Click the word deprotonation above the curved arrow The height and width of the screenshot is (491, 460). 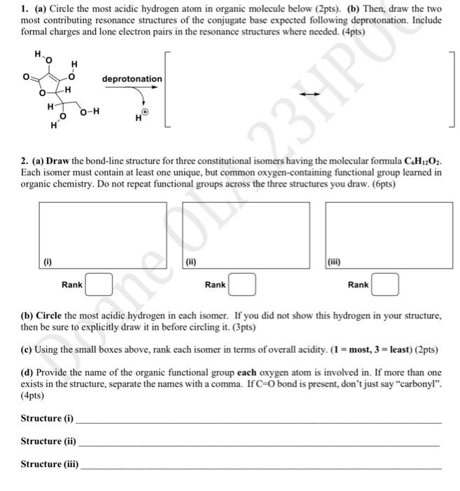(132, 79)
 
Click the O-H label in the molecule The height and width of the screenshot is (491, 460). (90, 112)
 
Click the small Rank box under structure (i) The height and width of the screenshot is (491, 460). (99, 285)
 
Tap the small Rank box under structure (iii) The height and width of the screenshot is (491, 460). (385, 285)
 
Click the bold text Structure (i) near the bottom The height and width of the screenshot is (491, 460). (47, 419)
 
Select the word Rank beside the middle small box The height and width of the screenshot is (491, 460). (215, 285)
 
